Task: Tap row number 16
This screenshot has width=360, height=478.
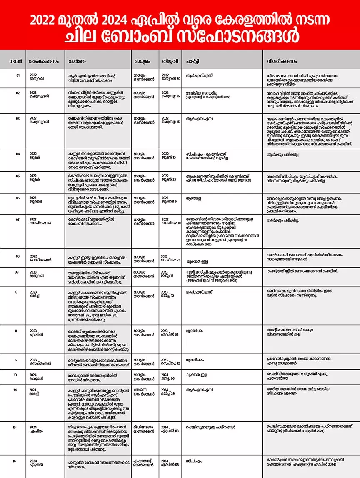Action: click(15, 461)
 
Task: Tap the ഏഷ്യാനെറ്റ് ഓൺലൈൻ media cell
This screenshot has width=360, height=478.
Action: click(143, 463)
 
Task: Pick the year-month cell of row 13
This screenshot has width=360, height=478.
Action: click(36, 377)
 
